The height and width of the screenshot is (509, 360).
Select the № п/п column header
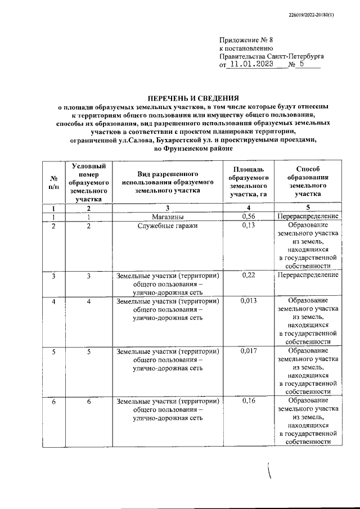click(x=52, y=182)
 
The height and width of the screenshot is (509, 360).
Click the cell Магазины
click(x=166, y=217)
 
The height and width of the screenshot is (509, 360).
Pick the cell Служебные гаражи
click(x=166, y=226)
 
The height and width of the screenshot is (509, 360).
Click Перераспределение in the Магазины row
click(x=307, y=217)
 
